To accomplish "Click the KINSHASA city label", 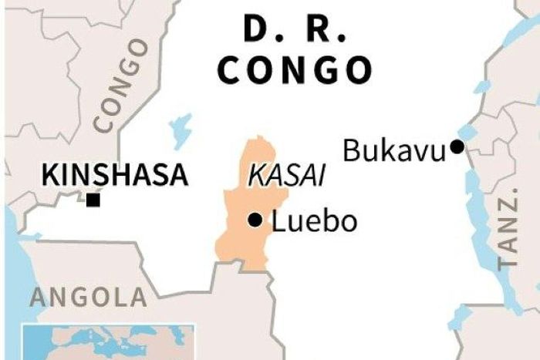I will (114, 174).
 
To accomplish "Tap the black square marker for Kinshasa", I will (93, 200).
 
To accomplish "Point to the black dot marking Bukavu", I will (458, 146).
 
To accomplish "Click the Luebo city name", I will (314, 222).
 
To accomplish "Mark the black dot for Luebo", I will (254, 221).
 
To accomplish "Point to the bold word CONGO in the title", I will (293, 69).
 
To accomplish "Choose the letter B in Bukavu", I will (352, 150).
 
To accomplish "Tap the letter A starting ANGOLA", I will (35, 297).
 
